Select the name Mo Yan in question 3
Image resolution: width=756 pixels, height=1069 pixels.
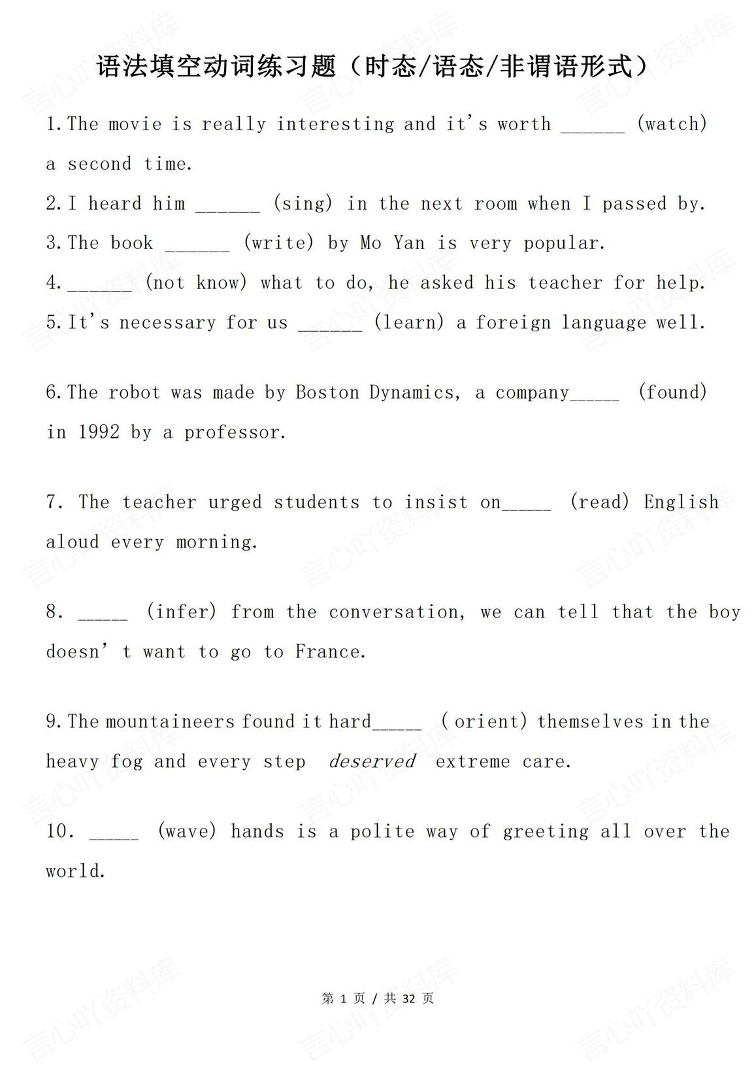(x=392, y=243)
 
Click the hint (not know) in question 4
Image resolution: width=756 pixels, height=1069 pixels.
(x=196, y=282)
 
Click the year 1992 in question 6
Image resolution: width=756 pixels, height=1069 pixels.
(x=99, y=432)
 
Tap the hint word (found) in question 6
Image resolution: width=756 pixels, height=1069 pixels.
(x=672, y=392)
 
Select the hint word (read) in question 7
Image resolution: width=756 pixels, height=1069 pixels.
(x=599, y=502)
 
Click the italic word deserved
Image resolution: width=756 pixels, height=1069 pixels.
(x=372, y=761)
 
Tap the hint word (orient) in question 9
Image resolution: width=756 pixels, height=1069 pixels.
(x=484, y=721)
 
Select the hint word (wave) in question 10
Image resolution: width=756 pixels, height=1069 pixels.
(x=187, y=831)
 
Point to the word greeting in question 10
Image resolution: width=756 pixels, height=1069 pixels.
(x=545, y=832)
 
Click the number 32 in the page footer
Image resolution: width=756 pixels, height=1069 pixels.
(x=409, y=998)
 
